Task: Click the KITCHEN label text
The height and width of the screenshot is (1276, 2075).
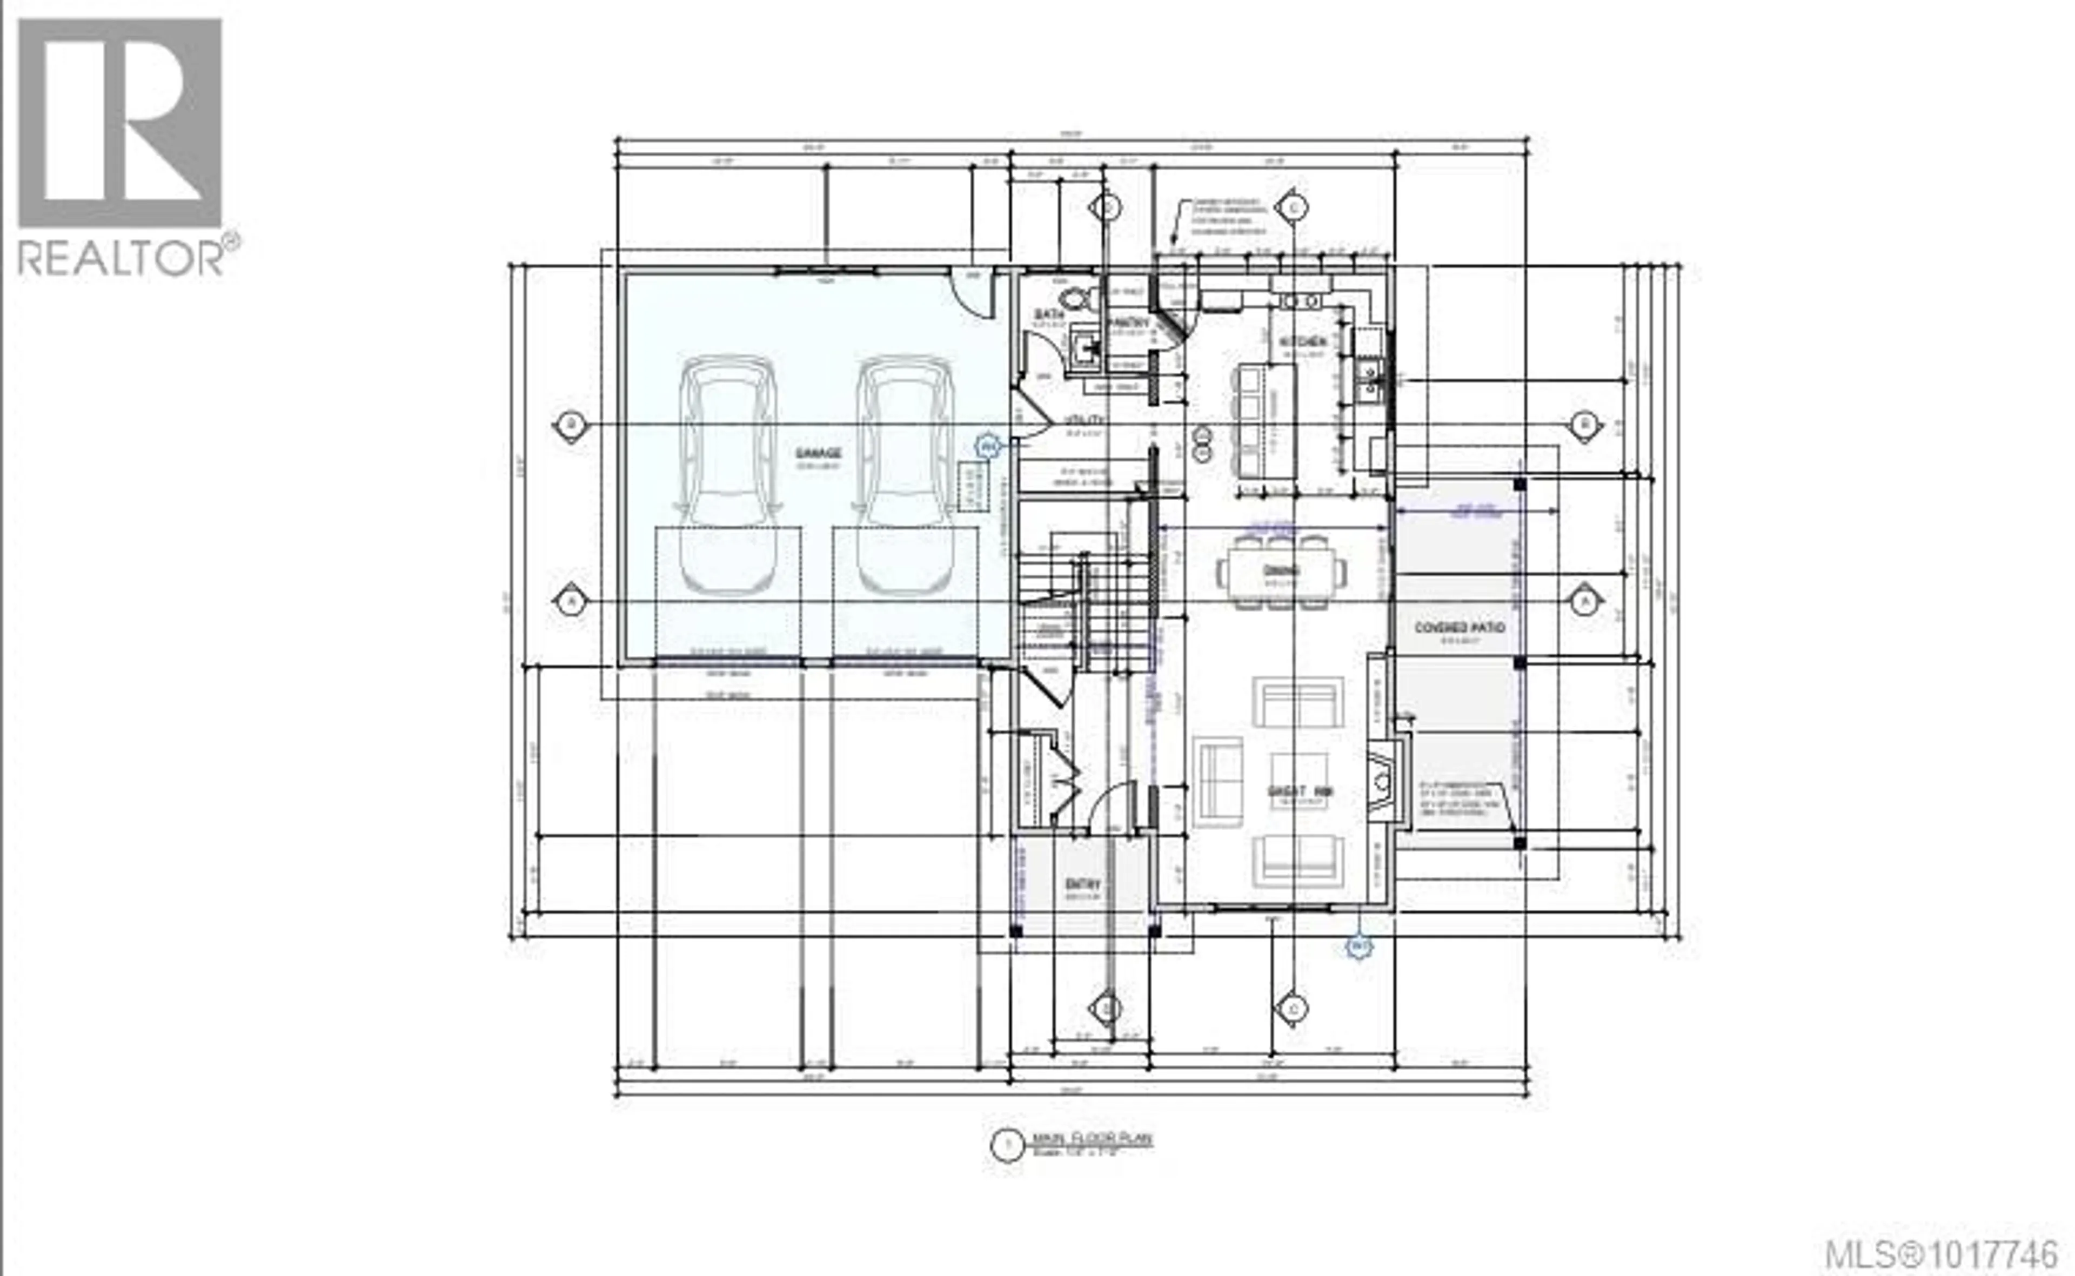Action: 1303,342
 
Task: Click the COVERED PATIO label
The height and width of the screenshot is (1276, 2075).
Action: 1460,628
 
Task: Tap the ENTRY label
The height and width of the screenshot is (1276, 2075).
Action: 1083,884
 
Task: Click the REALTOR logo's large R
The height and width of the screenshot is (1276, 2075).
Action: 121,123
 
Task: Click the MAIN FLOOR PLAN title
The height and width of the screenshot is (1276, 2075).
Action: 1092,1140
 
